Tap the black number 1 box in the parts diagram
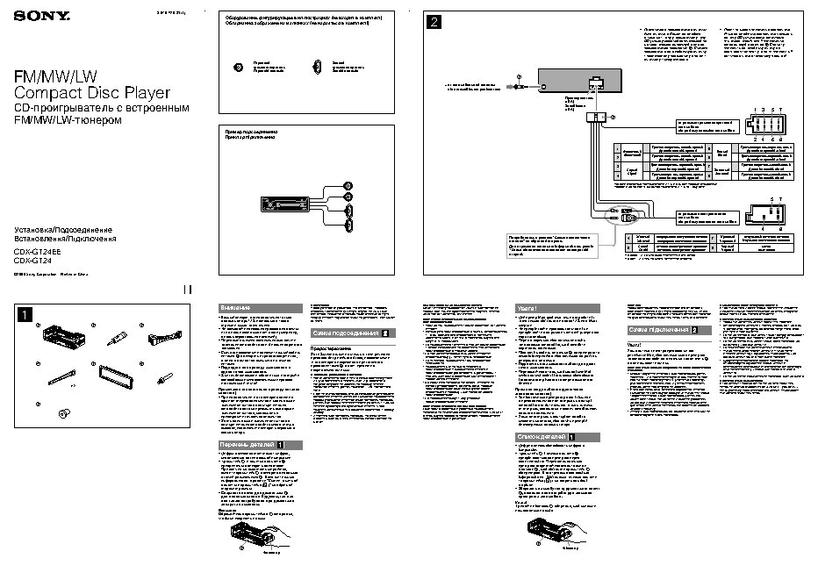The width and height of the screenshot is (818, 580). (27, 313)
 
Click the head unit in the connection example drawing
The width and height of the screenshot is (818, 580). (288, 204)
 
